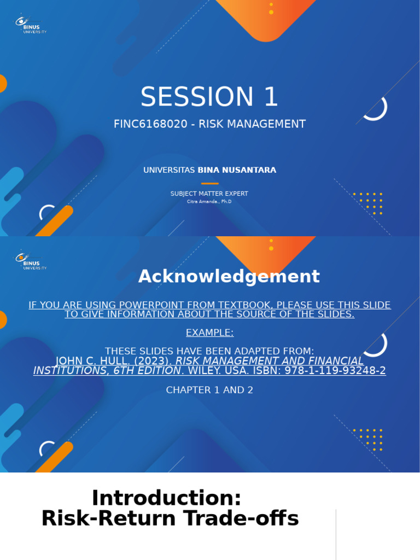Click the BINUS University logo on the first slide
point(31,24)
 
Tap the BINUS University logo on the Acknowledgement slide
point(31,260)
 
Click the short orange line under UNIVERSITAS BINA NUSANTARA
point(209,184)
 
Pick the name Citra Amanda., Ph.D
point(209,202)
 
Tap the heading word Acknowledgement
point(229,276)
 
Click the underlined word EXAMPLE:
point(209,332)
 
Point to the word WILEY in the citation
point(205,371)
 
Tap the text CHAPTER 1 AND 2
point(209,390)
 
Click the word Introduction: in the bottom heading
point(166,498)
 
